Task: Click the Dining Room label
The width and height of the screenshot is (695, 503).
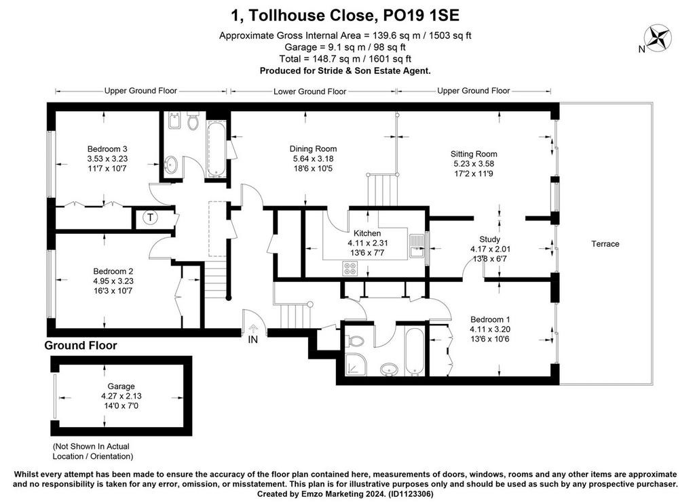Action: pos(313,148)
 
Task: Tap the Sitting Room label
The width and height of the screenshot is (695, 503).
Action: pos(473,154)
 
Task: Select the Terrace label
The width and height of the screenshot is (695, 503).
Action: pos(605,244)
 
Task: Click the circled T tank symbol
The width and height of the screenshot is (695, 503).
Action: pos(151,218)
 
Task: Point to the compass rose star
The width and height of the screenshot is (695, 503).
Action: pos(658,38)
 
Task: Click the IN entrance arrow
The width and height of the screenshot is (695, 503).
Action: pos(253,329)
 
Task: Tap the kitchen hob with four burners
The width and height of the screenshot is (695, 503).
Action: pos(350,268)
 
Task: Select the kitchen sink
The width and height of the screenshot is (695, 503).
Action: pos(417,246)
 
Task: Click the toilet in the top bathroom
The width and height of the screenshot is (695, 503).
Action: pos(192,120)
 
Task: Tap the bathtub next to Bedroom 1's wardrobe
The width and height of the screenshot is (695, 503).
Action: pos(415,352)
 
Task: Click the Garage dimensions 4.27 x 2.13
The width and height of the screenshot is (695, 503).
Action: pos(121,396)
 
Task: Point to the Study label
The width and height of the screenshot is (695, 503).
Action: pos(489,239)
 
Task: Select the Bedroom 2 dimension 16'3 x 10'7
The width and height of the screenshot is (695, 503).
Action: pos(113,291)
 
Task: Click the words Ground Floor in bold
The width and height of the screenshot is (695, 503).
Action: pos(81,345)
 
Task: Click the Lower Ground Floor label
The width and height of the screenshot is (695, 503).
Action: pos(309,92)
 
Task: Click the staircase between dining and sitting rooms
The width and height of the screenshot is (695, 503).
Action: pos(383,190)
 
